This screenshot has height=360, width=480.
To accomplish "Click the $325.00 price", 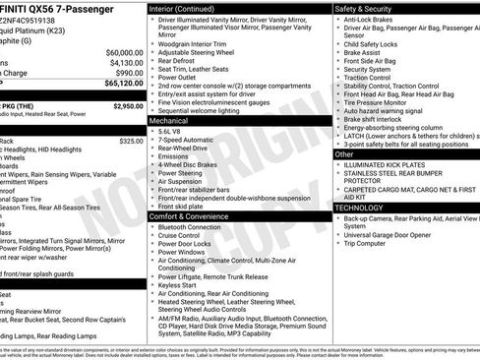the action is pyautogui.click(x=131, y=142).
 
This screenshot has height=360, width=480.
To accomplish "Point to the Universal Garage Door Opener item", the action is pyautogui.click(x=397, y=234).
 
